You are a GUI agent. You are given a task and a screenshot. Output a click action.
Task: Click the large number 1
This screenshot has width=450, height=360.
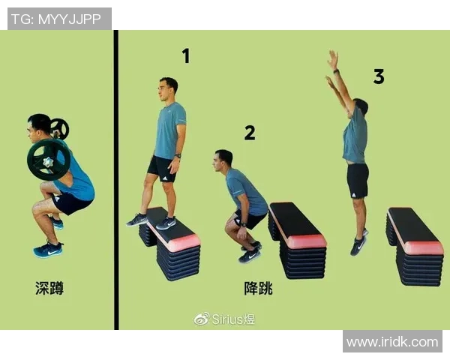[x=186, y=56]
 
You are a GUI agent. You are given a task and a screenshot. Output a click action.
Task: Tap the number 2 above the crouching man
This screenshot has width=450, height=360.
[x=250, y=133]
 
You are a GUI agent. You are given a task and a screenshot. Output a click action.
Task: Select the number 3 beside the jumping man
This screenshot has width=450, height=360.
[x=379, y=76]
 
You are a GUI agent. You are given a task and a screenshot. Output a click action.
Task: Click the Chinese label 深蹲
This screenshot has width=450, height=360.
[x=49, y=288]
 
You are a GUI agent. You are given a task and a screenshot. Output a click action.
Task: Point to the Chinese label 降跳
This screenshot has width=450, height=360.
[x=258, y=288]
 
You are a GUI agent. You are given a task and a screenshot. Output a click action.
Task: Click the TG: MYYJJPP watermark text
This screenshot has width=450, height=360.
[x=56, y=19]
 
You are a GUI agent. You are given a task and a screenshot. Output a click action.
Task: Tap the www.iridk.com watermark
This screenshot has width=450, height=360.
[x=392, y=342]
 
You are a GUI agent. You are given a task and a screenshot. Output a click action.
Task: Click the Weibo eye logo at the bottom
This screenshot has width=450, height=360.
[x=202, y=319]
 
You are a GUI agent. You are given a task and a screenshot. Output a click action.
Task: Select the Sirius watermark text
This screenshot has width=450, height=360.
[x=233, y=319]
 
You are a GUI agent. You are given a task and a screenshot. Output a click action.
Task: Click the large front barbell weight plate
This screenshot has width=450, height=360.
[x=49, y=160]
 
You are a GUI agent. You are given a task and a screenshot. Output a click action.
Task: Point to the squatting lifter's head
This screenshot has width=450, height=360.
[x=39, y=127]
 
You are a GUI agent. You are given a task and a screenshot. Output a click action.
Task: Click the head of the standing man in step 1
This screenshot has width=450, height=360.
[x=167, y=89]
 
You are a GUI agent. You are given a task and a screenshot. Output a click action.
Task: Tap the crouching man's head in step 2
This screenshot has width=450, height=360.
[x=223, y=160]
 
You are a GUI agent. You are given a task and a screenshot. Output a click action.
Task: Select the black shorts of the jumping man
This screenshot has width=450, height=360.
[x=357, y=181]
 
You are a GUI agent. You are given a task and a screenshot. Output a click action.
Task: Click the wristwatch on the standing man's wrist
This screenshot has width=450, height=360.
[x=178, y=156]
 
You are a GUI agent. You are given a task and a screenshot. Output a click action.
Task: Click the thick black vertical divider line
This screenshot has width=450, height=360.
[x=116, y=180]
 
